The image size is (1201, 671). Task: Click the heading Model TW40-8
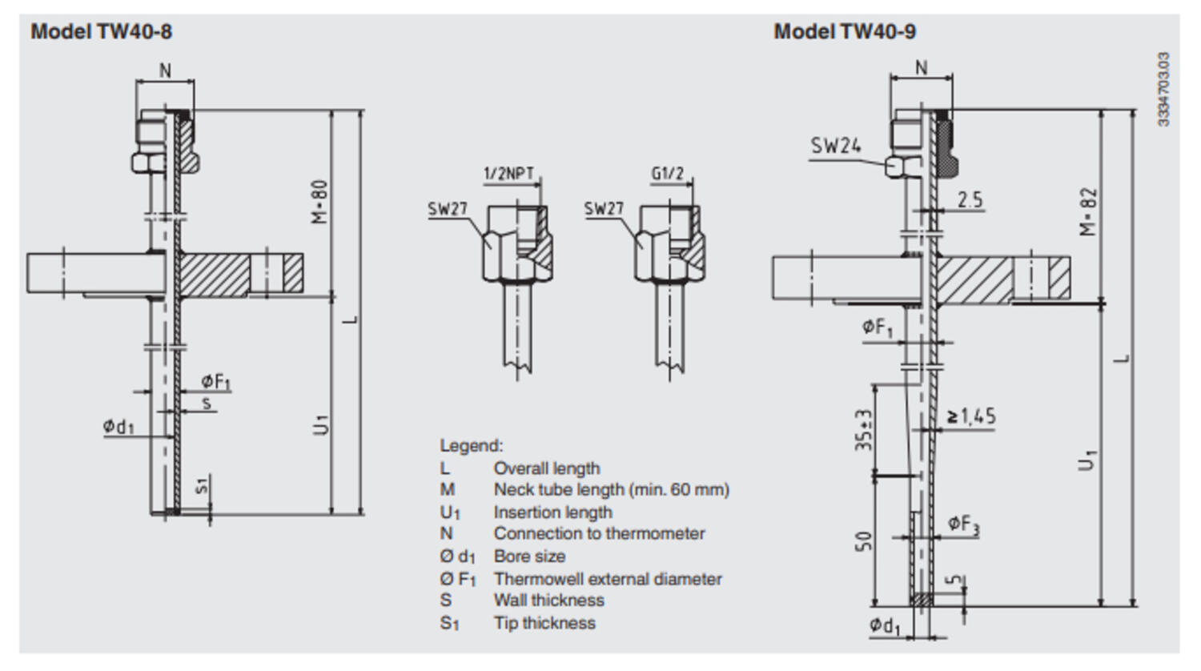[101, 32]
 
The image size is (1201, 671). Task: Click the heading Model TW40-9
[845, 32]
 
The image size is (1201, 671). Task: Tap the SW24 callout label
[835, 146]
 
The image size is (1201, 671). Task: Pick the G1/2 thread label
[667, 174]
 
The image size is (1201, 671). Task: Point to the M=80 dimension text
[320, 201]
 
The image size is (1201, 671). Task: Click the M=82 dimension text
[1087, 211]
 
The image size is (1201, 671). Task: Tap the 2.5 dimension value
[970, 199]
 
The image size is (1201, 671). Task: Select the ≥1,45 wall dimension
[971, 416]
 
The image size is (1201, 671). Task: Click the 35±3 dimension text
[863, 431]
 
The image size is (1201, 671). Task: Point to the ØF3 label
[963, 524]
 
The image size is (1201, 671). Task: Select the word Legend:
[471, 446]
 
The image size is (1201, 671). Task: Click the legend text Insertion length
[552, 512]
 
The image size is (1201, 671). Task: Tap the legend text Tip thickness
[544, 623]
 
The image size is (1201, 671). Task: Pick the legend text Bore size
[529, 556]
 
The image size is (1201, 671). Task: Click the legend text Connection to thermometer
[599, 534]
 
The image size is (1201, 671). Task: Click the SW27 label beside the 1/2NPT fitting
[447, 210]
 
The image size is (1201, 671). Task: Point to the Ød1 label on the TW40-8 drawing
[118, 427]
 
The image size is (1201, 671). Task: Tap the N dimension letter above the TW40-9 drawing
[921, 68]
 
